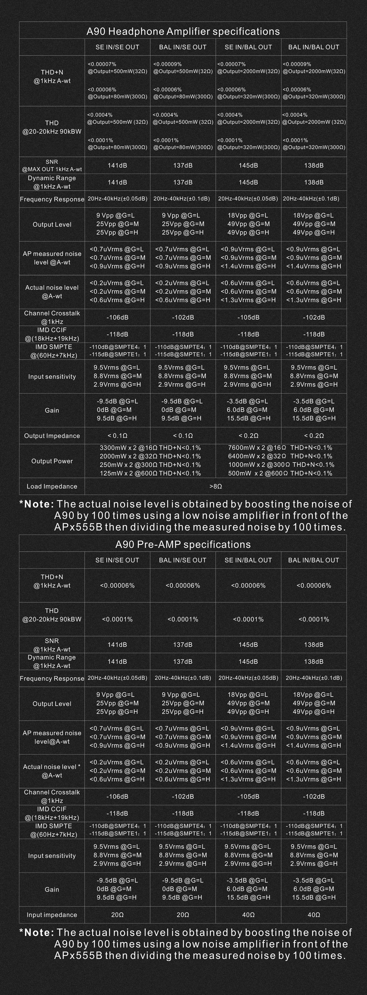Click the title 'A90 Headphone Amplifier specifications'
pyautogui.click(x=183, y=31)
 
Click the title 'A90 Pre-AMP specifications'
pyautogui.click(x=183, y=544)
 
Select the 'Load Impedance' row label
pyautogui.click(x=52, y=486)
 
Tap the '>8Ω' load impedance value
pyautogui.click(x=215, y=486)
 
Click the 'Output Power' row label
pyautogui.click(x=52, y=461)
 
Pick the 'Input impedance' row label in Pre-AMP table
pyautogui.click(x=52, y=915)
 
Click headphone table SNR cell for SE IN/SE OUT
pyautogui.click(x=117, y=165)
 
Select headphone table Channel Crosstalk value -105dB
pyautogui.click(x=248, y=317)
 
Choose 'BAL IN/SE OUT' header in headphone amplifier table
pyautogui.click(x=183, y=47)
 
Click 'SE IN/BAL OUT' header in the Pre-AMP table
pyautogui.click(x=248, y=560)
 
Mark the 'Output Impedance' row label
pyautogui.click(x=52, y=436)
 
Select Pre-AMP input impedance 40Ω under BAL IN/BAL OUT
pyautogui.click(x=314, y=915)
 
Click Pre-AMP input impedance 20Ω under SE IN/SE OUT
pyautogui.click(x=117, y=915)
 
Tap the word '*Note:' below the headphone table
pyautogui.click(x=37, y=504)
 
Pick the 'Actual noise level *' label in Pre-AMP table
pyautogui.click(x=52, y=767)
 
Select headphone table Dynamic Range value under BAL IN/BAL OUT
pyautogui.click(x=314, y=182)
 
